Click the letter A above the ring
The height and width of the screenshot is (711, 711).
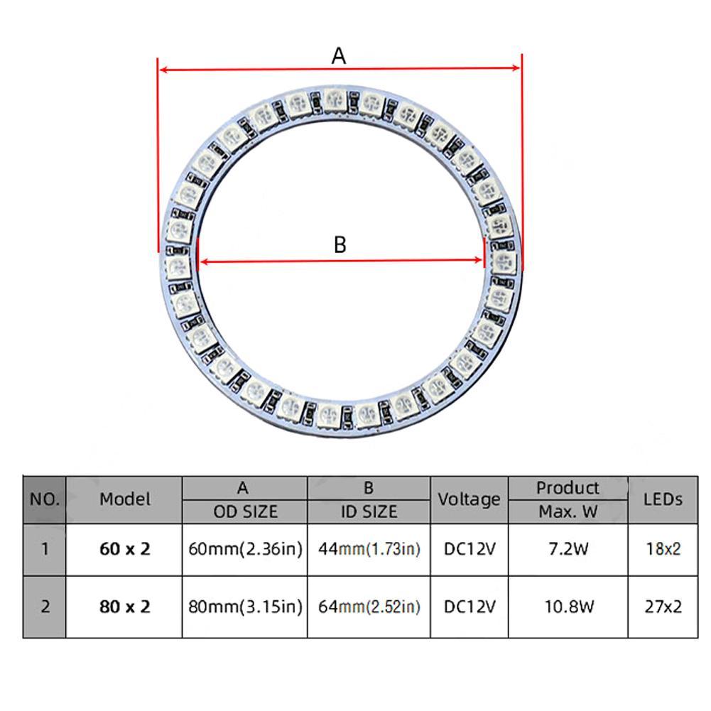click(339, 55)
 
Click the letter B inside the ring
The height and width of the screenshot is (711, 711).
click(340, 244)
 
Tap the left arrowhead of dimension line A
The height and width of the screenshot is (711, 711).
click(163, 70)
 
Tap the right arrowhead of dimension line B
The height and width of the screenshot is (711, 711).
click(481, 261)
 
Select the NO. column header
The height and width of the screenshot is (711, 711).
click(44, 499)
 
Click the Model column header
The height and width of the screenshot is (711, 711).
click(125, 499)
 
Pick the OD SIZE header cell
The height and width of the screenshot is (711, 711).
click(245, 511)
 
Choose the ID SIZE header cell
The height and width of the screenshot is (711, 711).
click(369, 511)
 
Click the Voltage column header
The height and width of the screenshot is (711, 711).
click(469, 499)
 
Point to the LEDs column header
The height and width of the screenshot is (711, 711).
click(662, 499)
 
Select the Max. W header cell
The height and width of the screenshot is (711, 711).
click(568, 511)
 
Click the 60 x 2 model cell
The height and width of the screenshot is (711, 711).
click(125, 549)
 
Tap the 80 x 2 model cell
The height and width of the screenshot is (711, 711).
click(125, 607)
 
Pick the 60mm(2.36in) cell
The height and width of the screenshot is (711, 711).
click(245, 549)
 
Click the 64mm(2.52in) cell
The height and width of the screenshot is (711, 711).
click(369, 607)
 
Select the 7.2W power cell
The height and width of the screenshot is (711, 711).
click(568, 549)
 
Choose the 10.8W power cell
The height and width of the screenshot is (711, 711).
click(568, 607)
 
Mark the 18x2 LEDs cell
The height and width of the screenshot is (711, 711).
click(662, 549)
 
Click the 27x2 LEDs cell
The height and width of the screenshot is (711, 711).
click(662, 607)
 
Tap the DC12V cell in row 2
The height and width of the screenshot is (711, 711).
click(469, 607)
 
